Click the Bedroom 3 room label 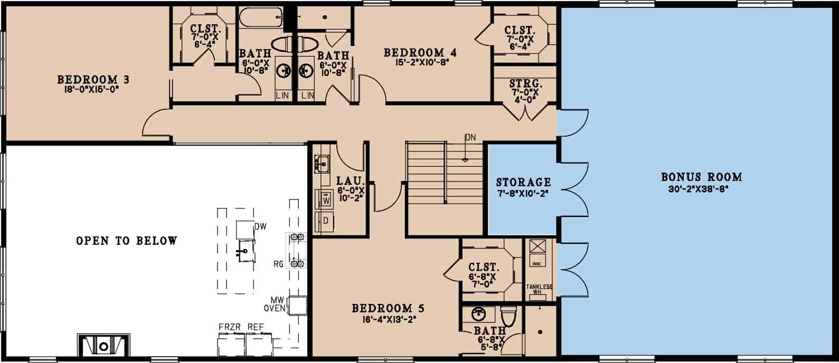(93, 80)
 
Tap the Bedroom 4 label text (420, 53)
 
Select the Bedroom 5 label (388, 308)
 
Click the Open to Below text (127, 241)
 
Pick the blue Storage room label (523, 183)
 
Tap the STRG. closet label (526, 84)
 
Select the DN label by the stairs (470, 138)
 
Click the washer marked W (326, 200)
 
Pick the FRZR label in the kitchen (230, 327)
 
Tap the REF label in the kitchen (256, 327)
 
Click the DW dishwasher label (259, 226)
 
